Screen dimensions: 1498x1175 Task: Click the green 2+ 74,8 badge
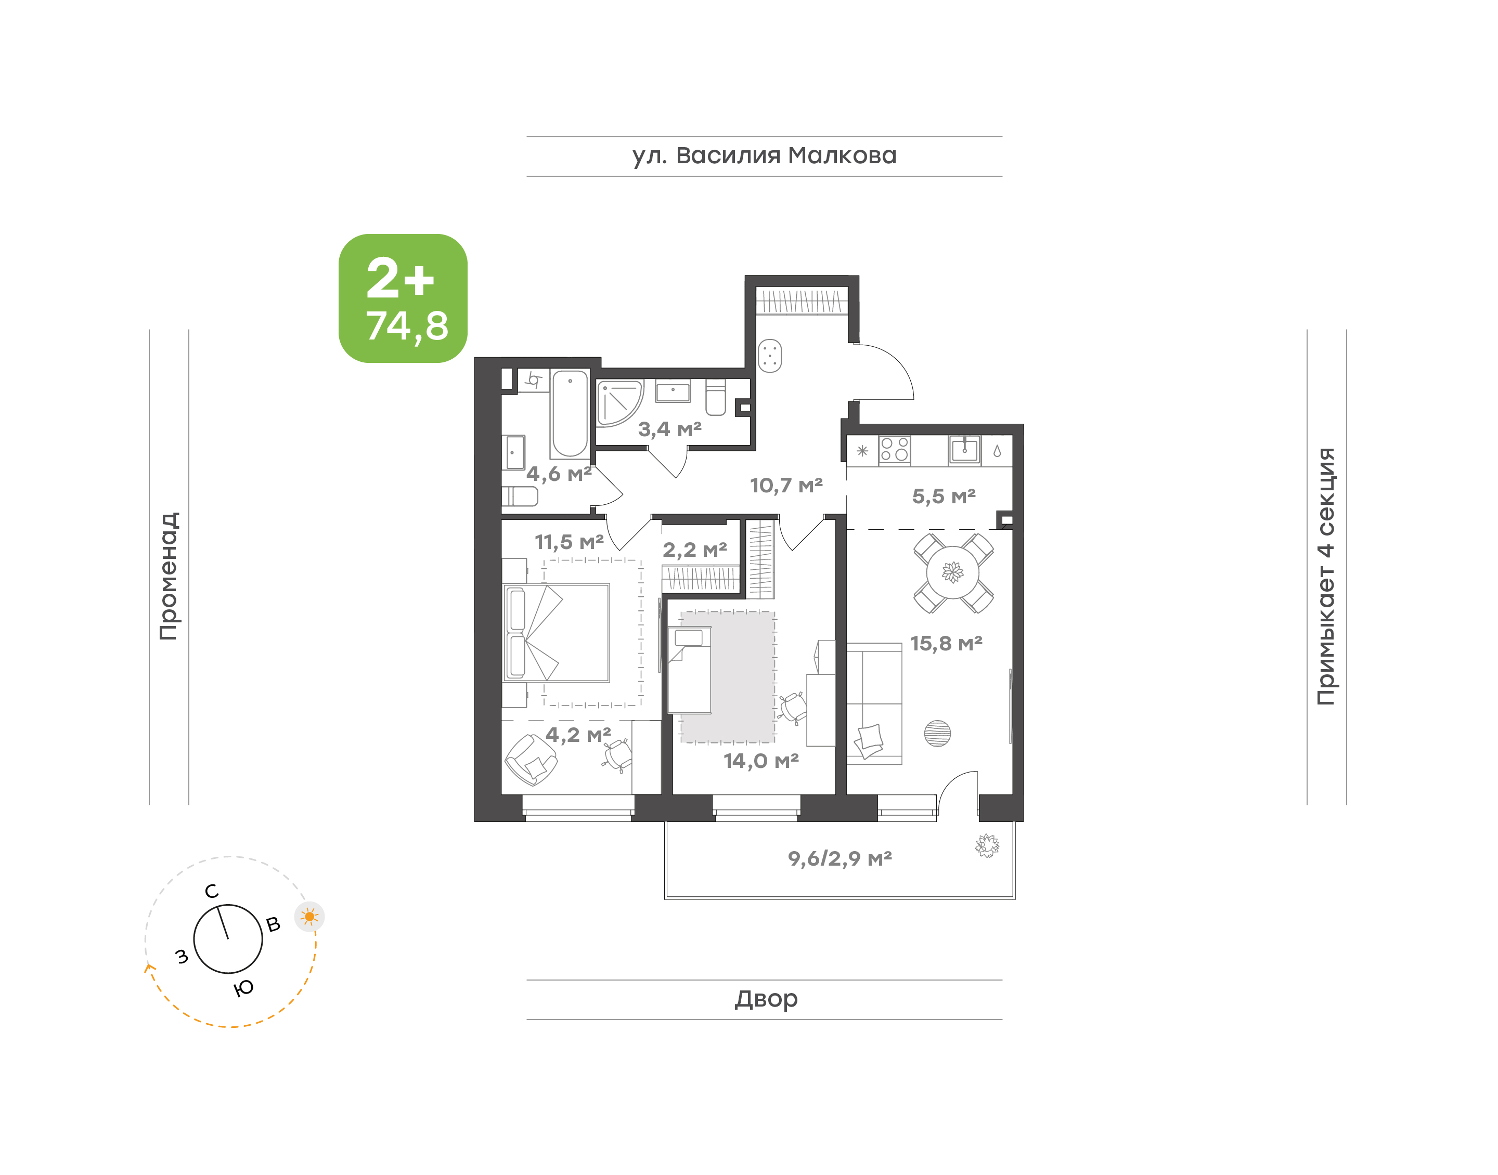pyautogui.click(x=403, y=298)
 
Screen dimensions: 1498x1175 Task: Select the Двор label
pyautogui.click(x=766, y=999)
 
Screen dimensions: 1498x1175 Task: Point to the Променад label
pyautogui.click(x=169, y=576)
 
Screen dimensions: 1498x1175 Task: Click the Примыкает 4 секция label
pyautogui.click(x=1326, y=576)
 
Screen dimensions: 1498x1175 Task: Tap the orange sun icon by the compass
pyautogui.click(x=309, y=916)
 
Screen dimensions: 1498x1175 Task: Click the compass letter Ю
pyautogui.click(x=243, y=988)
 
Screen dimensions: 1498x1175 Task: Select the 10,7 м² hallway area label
pyautogui.click(x=786, y=486)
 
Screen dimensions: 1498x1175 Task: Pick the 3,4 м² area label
pyautogui.click(x=669, y=429)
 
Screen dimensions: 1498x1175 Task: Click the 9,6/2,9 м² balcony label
pyautogui.click(x=840, y=858)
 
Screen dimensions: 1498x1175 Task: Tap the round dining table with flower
pyautogui.click(x=953, y=572)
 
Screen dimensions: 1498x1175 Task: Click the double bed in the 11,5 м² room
pyautogui.click(x=557, y=633)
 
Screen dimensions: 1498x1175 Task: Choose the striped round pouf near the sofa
pyautogui.click(x=937, y=734)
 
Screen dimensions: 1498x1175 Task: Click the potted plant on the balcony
pyautogui.click(x=987, y=845)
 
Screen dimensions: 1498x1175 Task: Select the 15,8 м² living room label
pyautogui.click(x=946, y=644)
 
